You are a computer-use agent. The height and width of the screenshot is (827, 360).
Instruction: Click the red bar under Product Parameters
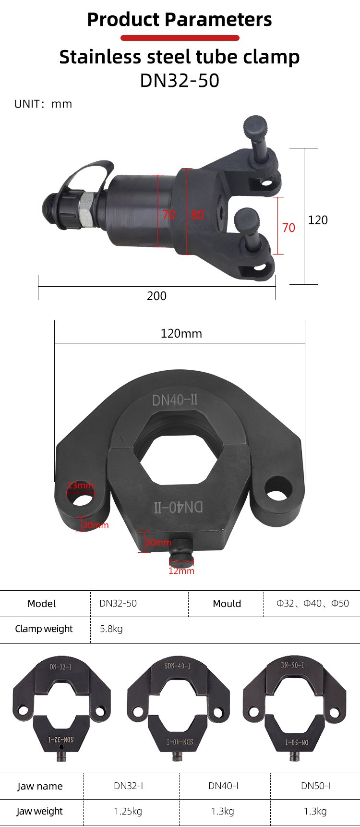(x=180, y=38)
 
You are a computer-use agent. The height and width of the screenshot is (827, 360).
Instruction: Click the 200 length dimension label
(x=156, y=296)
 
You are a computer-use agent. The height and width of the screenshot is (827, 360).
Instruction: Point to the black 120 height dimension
(x=318, y=220)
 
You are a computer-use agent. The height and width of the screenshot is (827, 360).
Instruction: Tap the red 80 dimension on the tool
(x=197, y=215)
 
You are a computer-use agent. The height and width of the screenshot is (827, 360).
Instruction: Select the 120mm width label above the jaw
(x=181, y=333)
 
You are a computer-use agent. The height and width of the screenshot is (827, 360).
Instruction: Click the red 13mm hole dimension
(x=80, y=485)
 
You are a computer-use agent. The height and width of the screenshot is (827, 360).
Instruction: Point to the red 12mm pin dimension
(x=181, y=571)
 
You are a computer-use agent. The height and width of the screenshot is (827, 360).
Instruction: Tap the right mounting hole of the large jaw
(x=278, y=489)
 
